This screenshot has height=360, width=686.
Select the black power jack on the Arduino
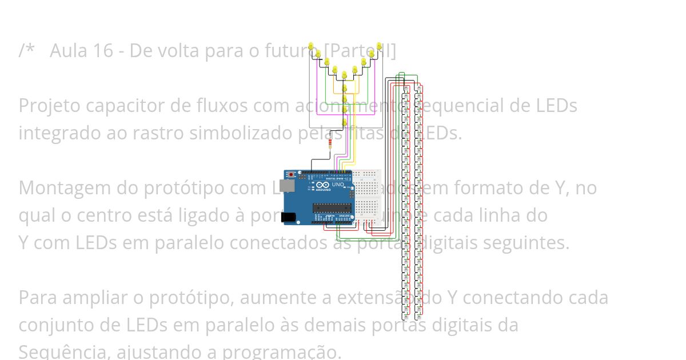tap(290, 218)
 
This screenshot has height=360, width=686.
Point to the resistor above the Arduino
tap(331, 145)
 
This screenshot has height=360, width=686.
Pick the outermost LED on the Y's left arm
tap(310, 46)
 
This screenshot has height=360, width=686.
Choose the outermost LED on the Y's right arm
tap(378, 46)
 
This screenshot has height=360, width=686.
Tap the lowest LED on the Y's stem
tap(344, 122)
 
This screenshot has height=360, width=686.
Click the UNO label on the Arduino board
tap(338, 185)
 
